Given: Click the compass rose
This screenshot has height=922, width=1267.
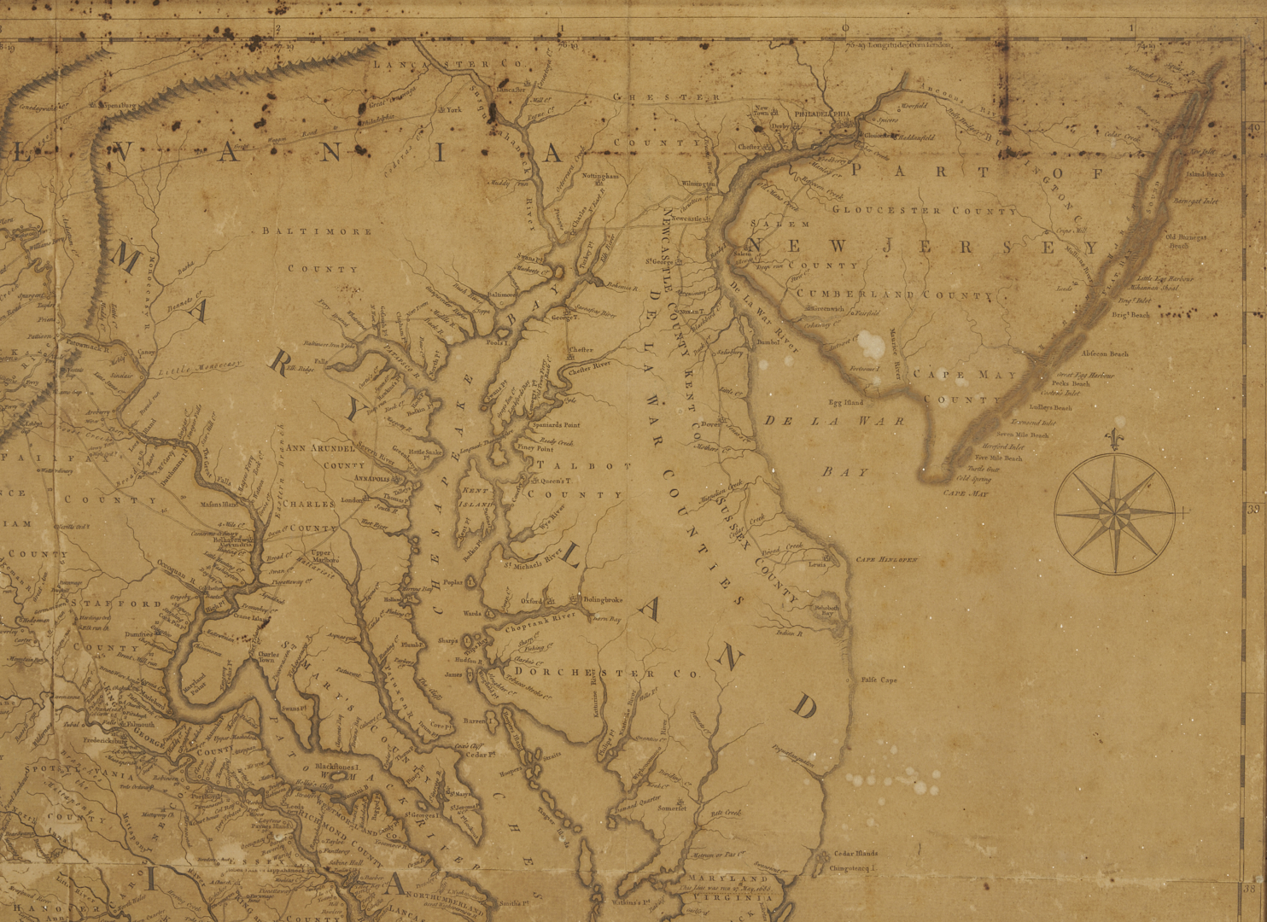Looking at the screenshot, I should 1114,513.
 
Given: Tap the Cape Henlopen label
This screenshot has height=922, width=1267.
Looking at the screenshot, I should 886,559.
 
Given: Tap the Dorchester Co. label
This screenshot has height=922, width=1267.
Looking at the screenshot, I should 614,674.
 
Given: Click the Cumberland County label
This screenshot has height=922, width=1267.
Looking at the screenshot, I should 894,295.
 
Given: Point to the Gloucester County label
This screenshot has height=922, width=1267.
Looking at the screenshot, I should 924,210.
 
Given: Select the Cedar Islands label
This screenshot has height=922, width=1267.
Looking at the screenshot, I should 855,853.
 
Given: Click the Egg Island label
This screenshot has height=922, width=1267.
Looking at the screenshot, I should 845,402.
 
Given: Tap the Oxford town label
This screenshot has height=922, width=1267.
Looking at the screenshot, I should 532,601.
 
